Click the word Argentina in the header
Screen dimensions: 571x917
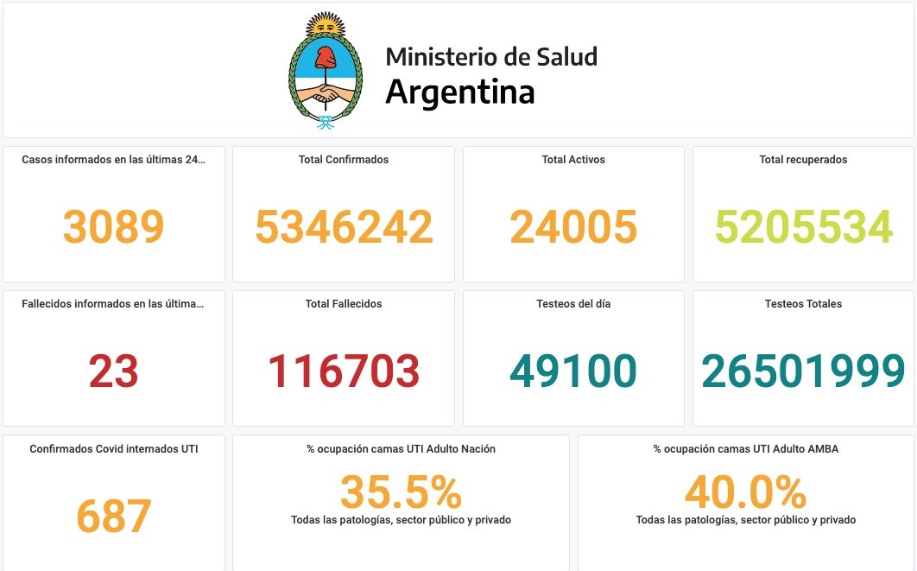point(459,92)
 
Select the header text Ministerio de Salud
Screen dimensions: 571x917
point(490,57)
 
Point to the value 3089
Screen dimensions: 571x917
point(113,227)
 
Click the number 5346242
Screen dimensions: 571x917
point(344,227)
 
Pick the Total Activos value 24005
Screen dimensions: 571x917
point(573,227)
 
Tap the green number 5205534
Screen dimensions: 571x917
point(803,227)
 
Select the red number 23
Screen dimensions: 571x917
point(113,371)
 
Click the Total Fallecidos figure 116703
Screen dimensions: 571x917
point(344,371)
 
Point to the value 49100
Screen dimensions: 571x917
point(573,371)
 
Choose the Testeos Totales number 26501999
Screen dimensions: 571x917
point(803,371)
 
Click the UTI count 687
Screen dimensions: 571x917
point(113,516)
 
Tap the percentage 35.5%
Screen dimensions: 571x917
point(401,492)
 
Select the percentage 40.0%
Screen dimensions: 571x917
point(745,492)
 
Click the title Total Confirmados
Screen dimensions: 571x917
point(344,160)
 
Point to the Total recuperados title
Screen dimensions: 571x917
point(803,160)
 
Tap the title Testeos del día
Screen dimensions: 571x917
point(573,304)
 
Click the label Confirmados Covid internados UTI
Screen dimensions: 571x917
point(113,449)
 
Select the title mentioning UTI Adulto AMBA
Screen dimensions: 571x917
point(745,449)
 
